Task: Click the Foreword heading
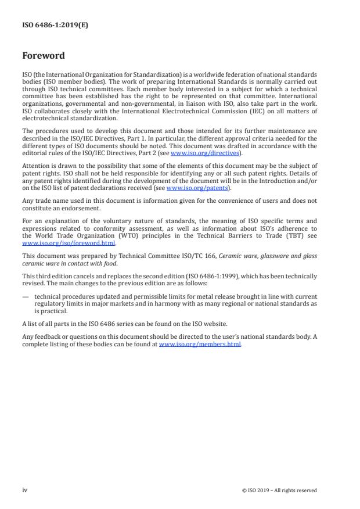(x=43, y=56)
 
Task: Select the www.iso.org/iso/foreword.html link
(x=69, y=244)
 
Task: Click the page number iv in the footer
(x=25, y=490)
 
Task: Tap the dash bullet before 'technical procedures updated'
(x=26, y=297)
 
